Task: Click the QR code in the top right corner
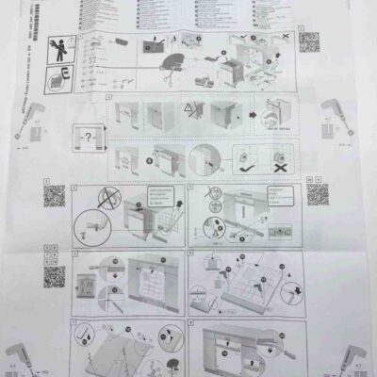[x=307, y=44]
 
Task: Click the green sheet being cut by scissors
[x=175, y=63]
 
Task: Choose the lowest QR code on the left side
[x=55, y=277]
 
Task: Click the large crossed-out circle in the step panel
[x=110, y=199]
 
